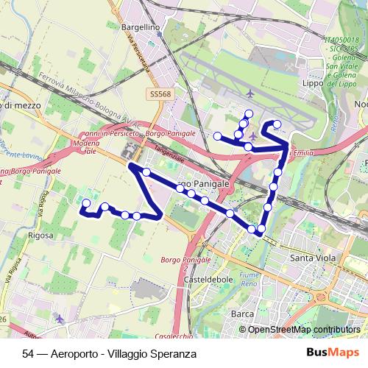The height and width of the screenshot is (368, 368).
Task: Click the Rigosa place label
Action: [40, 236]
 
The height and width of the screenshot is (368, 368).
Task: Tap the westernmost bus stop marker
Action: [86, 202]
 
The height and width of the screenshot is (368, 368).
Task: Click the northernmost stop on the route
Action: [249, 113]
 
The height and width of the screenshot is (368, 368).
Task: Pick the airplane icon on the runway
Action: [252, 93]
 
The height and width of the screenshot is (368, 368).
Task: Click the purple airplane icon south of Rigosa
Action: [60, 320]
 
